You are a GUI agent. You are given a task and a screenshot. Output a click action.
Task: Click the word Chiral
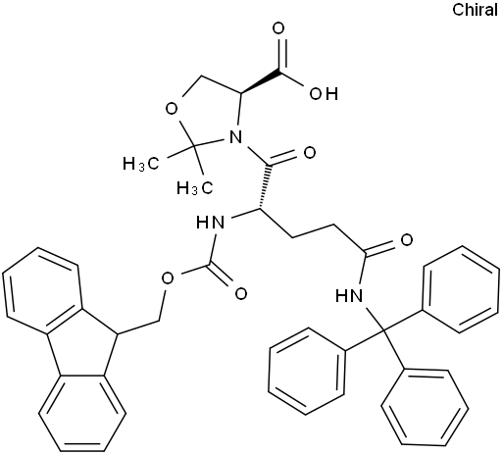click(x=476, y=10)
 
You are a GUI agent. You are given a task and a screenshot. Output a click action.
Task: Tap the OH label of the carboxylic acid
click(x=324, y=94)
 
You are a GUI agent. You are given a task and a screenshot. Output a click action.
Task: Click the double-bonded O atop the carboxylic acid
click(x=278, y=28)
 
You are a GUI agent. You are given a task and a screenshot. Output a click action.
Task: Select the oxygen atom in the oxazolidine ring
click(x=172, y=109)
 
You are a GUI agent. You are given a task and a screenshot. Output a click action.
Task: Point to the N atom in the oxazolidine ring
click(x=235, y=136)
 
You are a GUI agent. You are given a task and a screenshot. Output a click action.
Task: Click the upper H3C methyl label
click(x=141, y=164)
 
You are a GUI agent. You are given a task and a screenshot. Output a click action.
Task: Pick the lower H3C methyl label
click(x=195, y=188)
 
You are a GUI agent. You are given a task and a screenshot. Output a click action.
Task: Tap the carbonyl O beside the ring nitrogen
click(x=310, y=153)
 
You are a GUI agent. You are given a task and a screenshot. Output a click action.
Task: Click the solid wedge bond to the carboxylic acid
click(x=261, y=79)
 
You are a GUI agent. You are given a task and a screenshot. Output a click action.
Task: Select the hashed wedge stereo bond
click(x=265, y=186)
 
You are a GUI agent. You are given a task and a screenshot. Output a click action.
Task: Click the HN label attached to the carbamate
click(x=210, y=223)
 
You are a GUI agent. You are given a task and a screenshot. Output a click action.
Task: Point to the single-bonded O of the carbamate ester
click(x=168, y=278)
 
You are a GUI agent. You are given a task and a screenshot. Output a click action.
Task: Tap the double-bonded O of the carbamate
click(x=241, y=293)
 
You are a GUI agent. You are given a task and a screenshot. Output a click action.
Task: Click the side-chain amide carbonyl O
click(x=407, y=240)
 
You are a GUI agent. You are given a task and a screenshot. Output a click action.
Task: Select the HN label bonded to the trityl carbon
click(x=349, y=296)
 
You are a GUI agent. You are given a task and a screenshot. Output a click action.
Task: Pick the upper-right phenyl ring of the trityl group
click(x=461, y=289)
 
